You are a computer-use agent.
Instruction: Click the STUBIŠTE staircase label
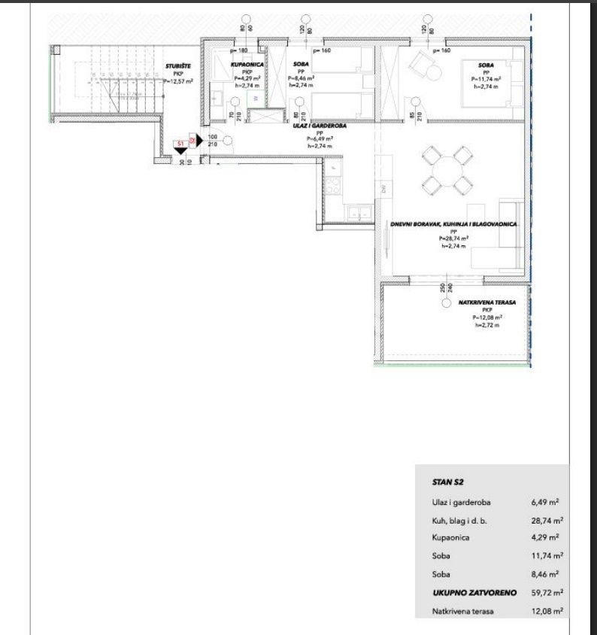pyautogui.click(x=177, y=66)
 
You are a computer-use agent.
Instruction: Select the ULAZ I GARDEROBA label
pyautogui.click(x=319, y=127)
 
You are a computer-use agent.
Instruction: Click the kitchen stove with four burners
pyautogui.click(x=332, y=180)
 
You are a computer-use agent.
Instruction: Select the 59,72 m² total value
pyautogui.click(x=547, y=594)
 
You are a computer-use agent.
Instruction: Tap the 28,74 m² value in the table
pyautogui.click(x=547, y=519)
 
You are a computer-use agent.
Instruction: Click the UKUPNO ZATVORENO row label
pyautogui.click(x=474, y=594)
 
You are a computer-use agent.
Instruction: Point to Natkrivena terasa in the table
pyautogui.click(x=463, y=612)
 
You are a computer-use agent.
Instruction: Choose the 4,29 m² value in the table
pyautogui.click(x=547, y=538)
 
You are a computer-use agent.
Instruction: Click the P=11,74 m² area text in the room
pyautogui.click(x=486, y=79)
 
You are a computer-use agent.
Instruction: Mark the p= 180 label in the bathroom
pyautogui.click(x=239, y=50)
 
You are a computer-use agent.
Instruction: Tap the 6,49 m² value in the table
pyautogui.click(x=547, y=500)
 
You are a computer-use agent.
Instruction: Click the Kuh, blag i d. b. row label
pyautogui.click(x=461, y=519)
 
